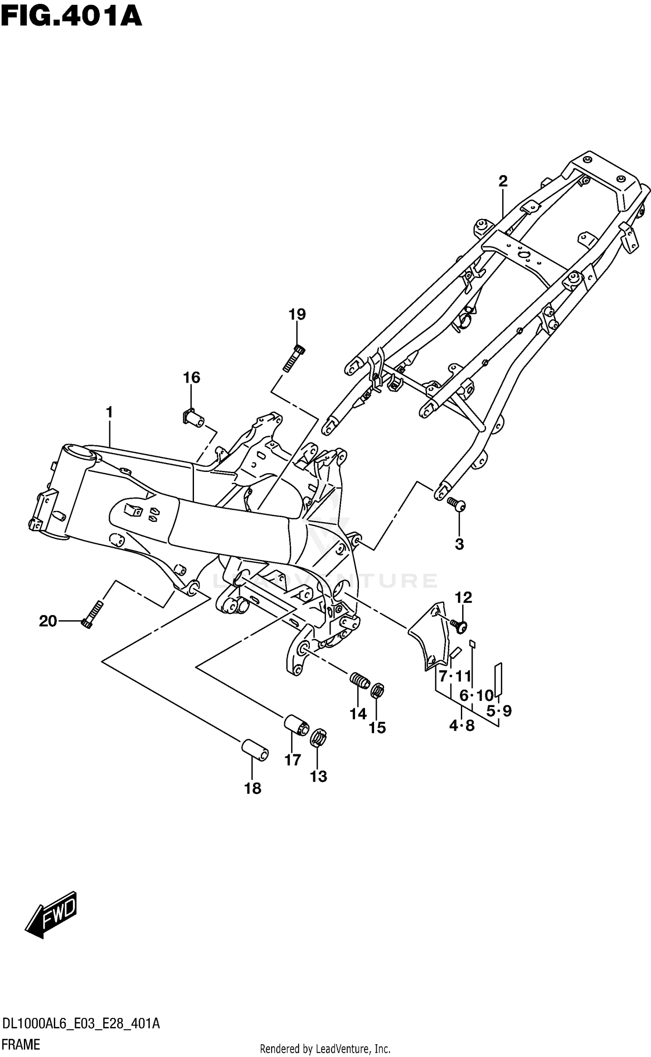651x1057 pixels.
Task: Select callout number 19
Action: pyautogui.click(x=297, y=314)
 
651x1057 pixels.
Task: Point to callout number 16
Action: pyautogui.click(x=191, y=378)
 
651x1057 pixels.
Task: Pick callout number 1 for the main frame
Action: pyautogui.click(x=109, y=412)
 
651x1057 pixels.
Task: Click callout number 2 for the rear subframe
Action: pyautogui.click(x=503, y=181)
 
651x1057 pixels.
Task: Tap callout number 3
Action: pyautogui.click(x=459, y=544)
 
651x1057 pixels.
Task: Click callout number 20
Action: pyautogui.click(x=48, y=622)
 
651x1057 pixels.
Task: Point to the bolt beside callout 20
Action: pyautogui.click(x=92, y=613)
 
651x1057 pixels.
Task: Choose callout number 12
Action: pyautogui.click(x=463, y=598)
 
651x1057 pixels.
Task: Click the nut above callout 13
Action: pyautogui.click(x=319, y=737)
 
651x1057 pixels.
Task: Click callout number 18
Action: pyautogui.click(x=253, y=789)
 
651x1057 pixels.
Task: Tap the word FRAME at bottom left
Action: pyautogui.click(x=21, y=1044)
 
